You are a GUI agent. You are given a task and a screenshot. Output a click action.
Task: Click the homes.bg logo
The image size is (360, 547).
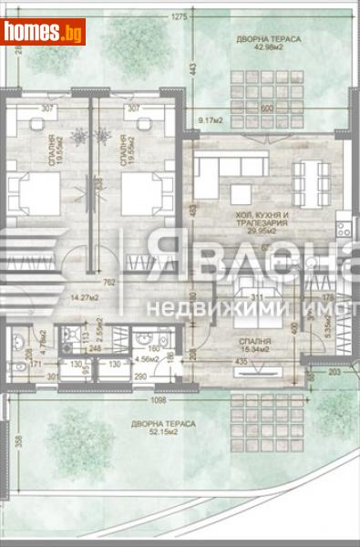click(x=43, y=32)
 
